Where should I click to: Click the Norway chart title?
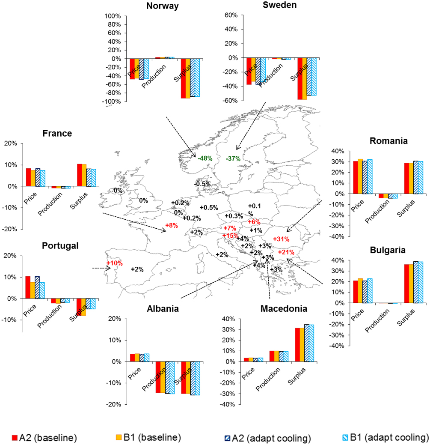click(162, 6)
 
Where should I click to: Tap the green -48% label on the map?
click(205, 158)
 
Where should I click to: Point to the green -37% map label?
click(233, 158)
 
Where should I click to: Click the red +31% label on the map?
click(281, 239)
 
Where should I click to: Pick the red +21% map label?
click(286, 252)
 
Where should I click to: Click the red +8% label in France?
click(171, 225)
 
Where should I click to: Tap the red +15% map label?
click(230, 236)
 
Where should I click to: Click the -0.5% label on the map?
click(202, 184)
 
